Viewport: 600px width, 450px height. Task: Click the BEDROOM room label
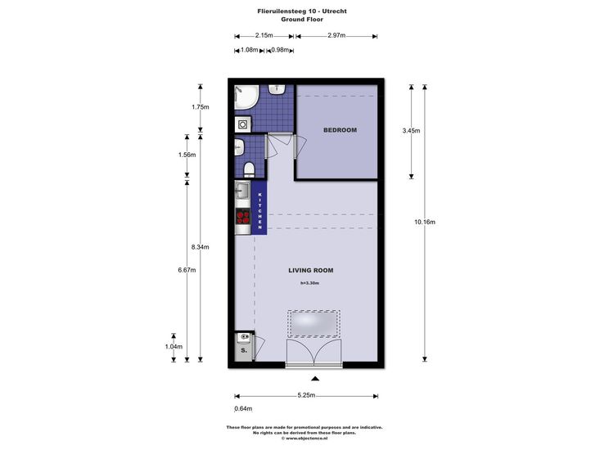coord(340,130)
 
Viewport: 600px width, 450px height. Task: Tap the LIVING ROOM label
coord(311,270)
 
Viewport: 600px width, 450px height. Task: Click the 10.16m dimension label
coord(425,222)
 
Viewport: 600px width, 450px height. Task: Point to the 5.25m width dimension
coord(306,395)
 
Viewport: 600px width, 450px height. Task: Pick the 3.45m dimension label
coord(412,131)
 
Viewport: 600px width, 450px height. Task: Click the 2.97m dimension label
coord(336,35)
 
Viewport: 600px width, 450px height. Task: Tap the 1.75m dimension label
coord(201,107)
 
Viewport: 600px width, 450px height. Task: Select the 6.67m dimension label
coord(187,270)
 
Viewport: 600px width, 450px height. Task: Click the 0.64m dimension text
coord(243,409)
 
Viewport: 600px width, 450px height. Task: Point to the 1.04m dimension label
coord(174,347)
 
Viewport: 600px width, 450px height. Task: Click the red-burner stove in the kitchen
coord(242,217)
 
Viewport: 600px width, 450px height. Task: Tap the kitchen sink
coord(241,190)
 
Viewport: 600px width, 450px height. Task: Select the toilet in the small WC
coord(249,169)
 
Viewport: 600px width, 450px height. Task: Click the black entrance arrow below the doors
coord(315,379)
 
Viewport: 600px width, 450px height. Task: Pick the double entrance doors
coord(314,352)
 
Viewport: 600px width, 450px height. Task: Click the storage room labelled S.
coord(244,346)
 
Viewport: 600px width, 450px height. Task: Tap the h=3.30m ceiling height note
coord(310,283)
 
